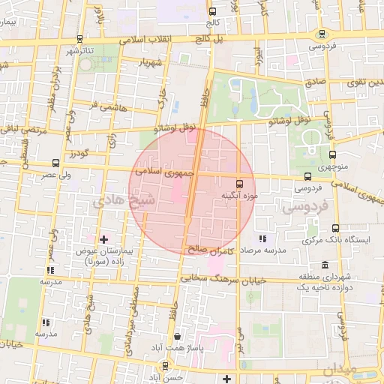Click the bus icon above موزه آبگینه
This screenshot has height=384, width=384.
click(240, 183)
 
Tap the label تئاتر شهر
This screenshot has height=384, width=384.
click(82, 50)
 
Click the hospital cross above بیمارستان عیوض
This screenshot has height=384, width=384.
click(104, 239)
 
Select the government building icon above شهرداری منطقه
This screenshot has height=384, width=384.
click(324, 265)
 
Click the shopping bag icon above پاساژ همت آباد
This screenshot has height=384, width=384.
click(177, 337)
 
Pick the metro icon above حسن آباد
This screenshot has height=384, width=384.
click(164, 367)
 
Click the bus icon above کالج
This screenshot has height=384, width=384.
click(212, 11)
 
